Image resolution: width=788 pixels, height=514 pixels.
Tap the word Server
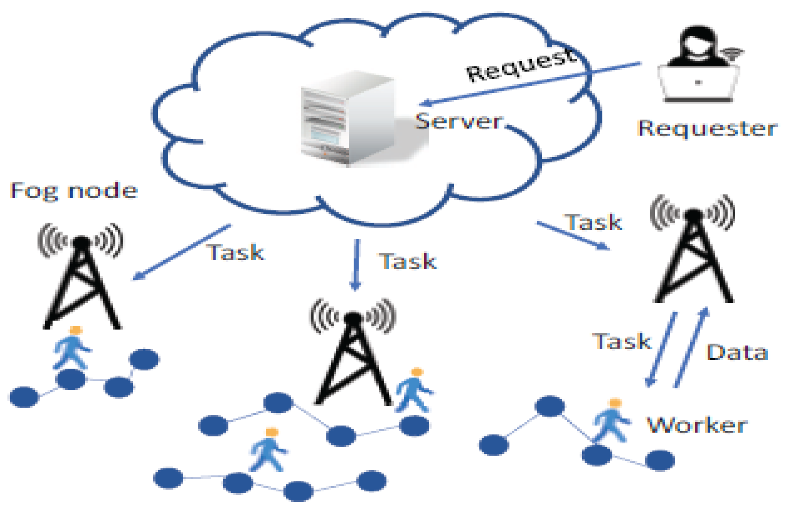pos(459,121)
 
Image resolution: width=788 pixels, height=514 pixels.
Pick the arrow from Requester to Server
pos(528,83)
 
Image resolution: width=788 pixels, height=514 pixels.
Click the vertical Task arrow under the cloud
pos(356,264)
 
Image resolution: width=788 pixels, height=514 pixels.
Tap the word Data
pos(737,352)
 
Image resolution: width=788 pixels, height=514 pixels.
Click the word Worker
pos(697,425)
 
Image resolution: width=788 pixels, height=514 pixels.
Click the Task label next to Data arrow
pos(621,341)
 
